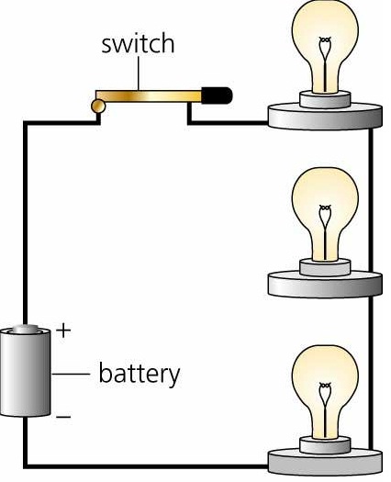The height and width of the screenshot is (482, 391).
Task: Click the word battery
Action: point(140,375)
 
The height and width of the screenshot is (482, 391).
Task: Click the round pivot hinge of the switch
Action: point(98,107)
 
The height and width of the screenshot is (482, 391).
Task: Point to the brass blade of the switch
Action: point(151,95)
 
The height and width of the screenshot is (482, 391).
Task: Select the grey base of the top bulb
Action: point(324,114)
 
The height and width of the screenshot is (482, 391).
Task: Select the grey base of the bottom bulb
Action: point(324,458)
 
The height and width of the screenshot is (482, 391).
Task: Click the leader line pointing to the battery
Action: point(73,375)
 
